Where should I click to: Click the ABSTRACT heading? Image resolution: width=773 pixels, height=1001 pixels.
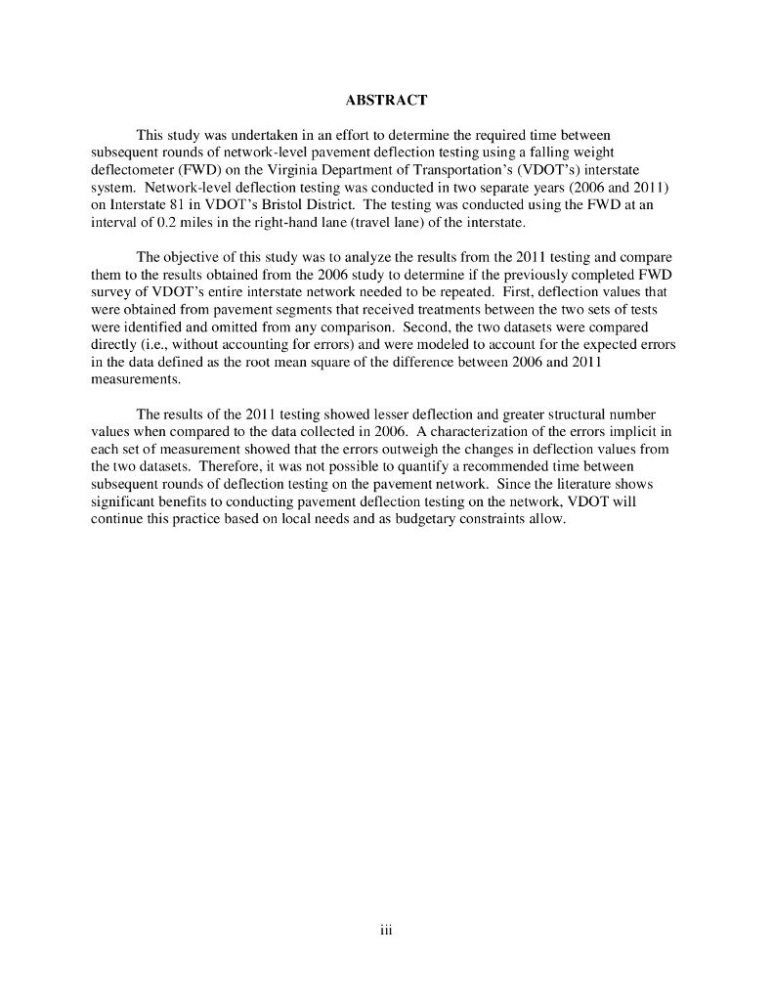pyautogui.click(x=386, y=101)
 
